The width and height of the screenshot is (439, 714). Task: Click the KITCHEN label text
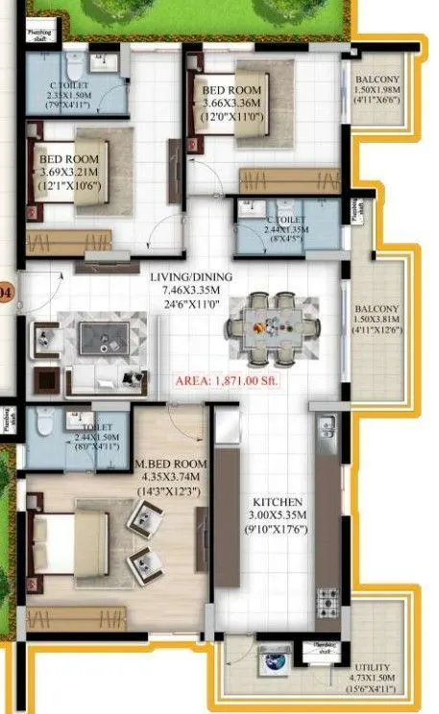[278, 502]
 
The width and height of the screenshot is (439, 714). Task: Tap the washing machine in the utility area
[269, 662]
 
